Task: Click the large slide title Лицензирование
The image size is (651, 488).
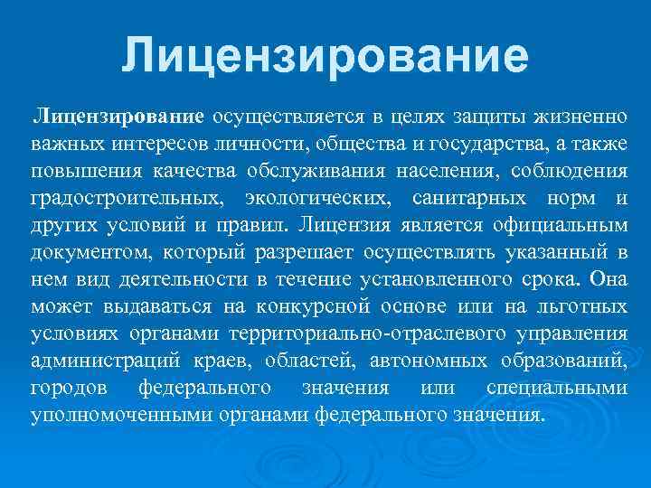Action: [325, 55]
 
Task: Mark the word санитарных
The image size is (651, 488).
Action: [460, 198]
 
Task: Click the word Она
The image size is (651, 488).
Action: [607, 280]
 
